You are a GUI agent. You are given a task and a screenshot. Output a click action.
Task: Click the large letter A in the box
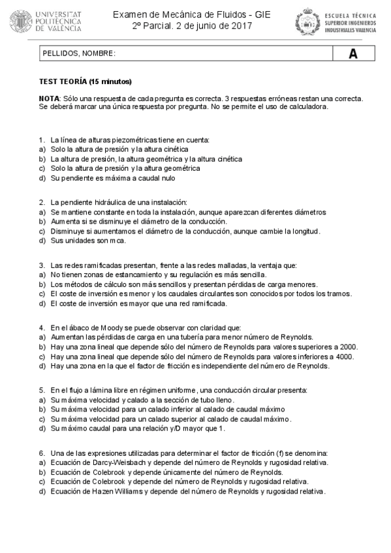click(352, 54)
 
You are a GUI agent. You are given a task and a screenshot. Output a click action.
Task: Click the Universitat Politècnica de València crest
click(22, 21)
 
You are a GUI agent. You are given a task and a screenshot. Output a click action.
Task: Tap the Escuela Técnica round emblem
click(305, 21)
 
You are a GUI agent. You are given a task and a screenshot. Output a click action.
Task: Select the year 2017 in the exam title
click(238, 26)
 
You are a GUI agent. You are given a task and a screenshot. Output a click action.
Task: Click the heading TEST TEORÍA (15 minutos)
click(86, 82)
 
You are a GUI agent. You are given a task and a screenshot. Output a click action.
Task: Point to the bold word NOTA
click(50, 98)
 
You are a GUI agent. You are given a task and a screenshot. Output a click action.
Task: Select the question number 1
click(41, 140)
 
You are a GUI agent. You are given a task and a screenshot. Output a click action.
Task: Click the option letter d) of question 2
click(42, 240)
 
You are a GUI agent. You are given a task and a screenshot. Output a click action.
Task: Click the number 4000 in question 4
click(343, 356)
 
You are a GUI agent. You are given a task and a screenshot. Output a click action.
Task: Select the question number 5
click(41, 390)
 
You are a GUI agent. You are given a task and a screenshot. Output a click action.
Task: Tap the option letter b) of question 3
click(42, 284)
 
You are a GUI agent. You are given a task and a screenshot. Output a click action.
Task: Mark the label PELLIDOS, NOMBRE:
click(78, 54)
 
